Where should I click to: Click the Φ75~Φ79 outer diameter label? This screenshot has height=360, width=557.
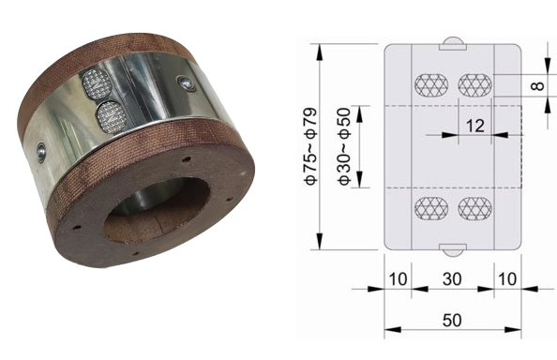(x=310, y=146)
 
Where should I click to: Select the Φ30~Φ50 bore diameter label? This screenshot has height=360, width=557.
(x=344, y=146)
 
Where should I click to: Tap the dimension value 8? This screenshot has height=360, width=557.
(x=538, y=86)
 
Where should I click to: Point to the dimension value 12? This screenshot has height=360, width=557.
(x=474, y=126)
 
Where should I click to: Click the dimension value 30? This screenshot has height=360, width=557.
(x=452, y=279)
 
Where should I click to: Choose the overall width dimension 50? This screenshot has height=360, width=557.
(x=452, y=321)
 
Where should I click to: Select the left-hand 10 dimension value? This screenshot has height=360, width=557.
(x=398, y=279)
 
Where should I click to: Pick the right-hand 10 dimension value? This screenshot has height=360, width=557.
(x=507, y=279)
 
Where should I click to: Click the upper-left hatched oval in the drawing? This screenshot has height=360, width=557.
(x=431, y=85)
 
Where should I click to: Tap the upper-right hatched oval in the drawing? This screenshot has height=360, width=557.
(x=474, y=85)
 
